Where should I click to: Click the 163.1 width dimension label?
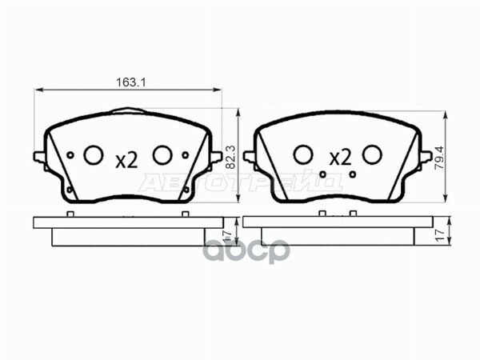click(x=128, y=82)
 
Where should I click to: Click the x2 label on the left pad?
click(x=127, y=160)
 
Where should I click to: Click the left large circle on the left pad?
click(x=94, y=154)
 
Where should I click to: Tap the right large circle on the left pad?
click(x=162, y=154)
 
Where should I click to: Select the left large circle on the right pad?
click(x=302, y=154)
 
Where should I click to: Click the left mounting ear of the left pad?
click(x=37, y=157)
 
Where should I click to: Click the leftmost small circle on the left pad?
click(x=71, y=154)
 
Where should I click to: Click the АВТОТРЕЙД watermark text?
click(x=240, y=182)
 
